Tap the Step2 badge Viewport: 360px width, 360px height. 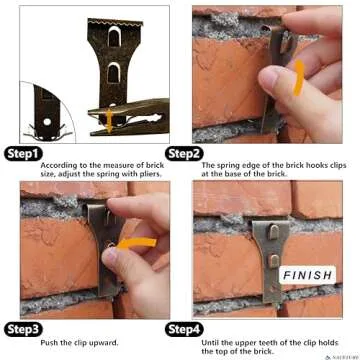point(184,155)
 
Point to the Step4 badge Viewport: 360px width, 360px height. point(184,328)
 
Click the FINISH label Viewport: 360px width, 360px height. point(308,275)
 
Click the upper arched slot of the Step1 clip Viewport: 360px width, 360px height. point(112,41)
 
